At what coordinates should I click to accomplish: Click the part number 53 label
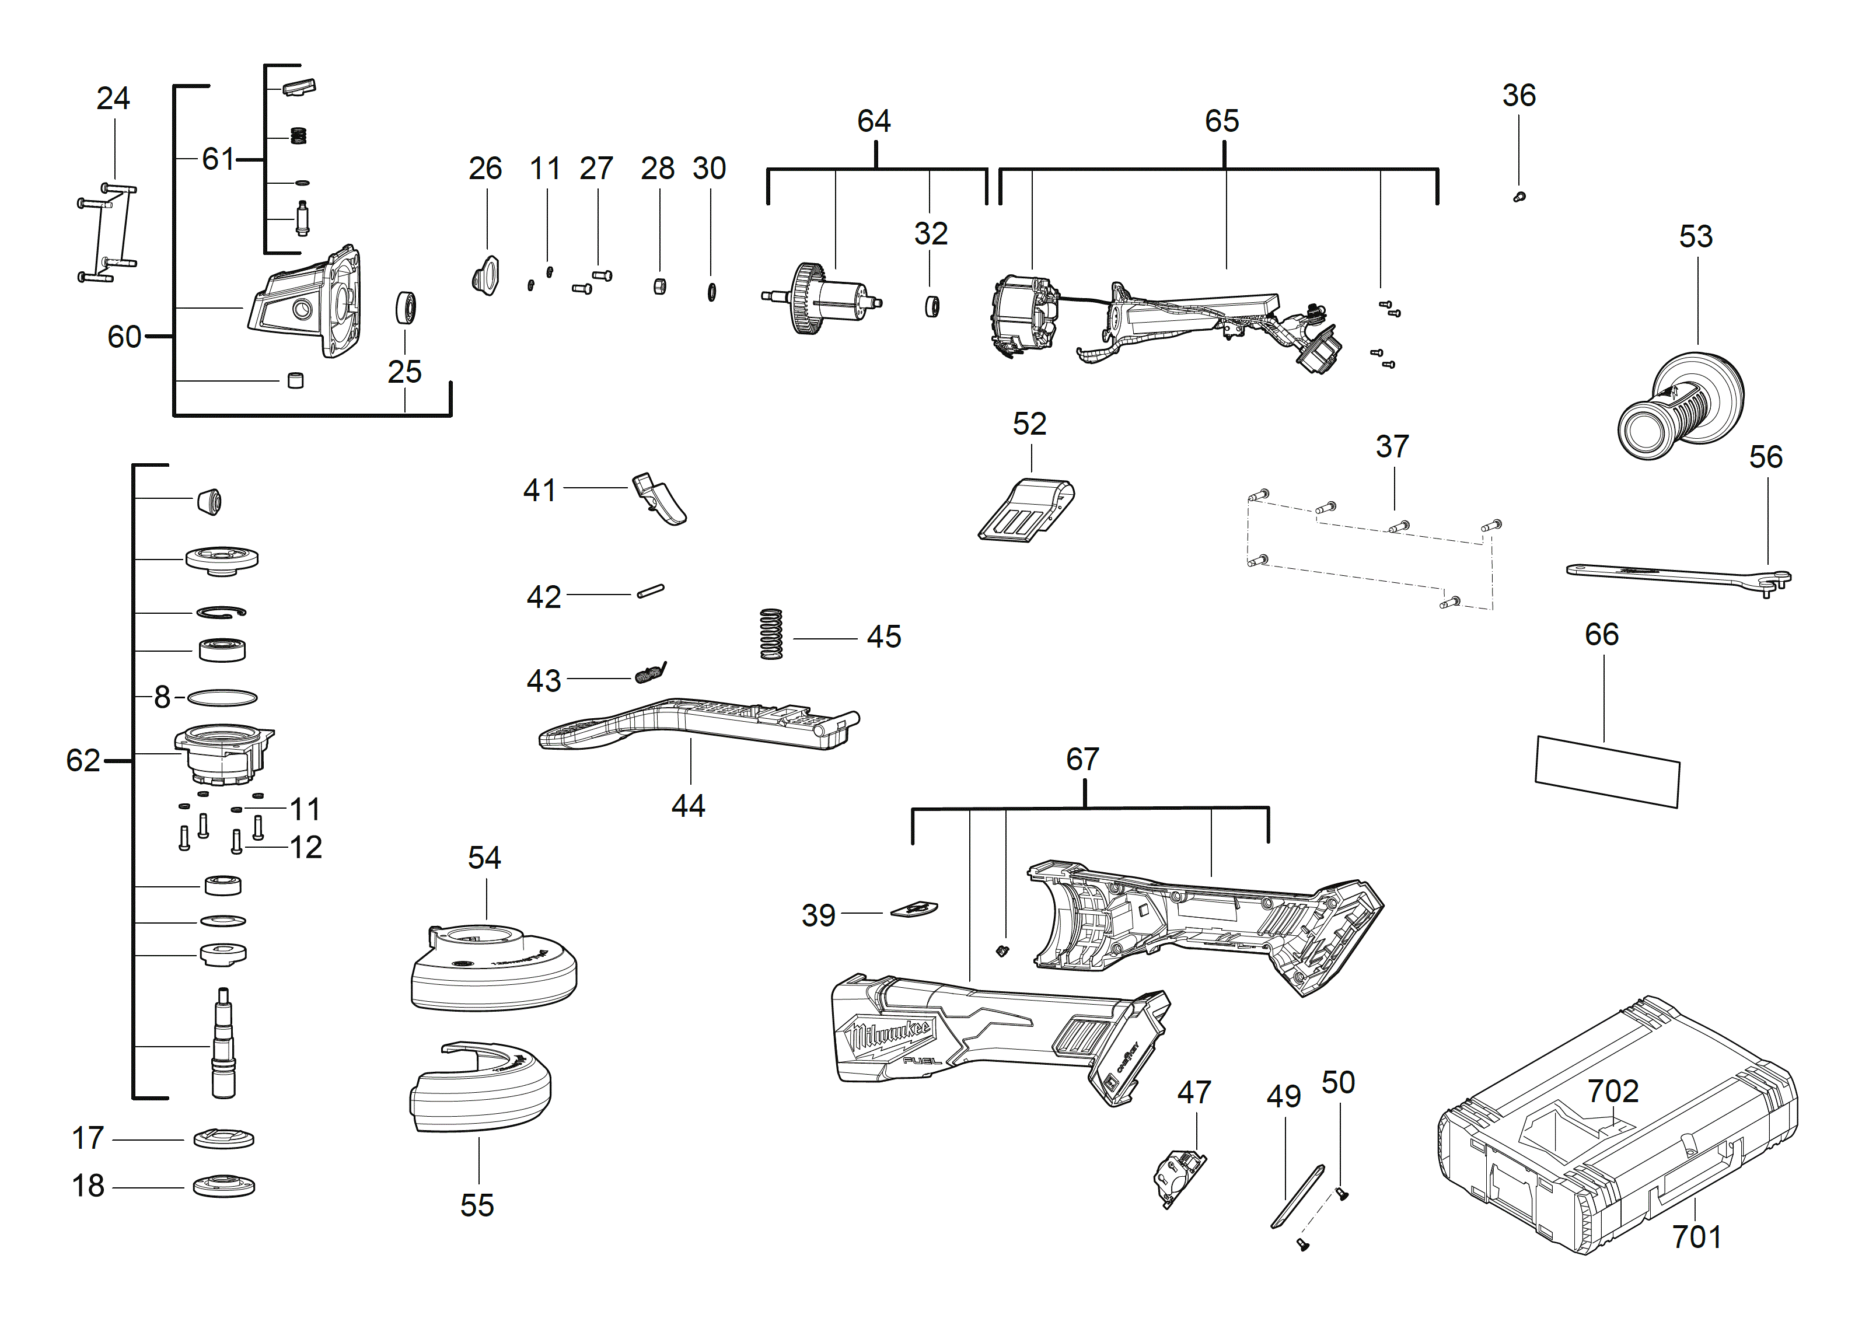(1696, 237)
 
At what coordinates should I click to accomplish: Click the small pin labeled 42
(651, 590)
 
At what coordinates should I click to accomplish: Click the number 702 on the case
(1612, 1092)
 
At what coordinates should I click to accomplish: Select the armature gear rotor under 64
(821, 299)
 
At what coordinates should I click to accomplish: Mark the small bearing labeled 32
(931, 306)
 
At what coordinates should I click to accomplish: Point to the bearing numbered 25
(406, 308)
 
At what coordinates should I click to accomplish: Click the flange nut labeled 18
(223, 1186)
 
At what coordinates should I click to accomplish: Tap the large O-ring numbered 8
(222, 698)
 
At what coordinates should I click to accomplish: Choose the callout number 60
(124, 337)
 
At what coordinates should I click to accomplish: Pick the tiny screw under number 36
(1519, 197)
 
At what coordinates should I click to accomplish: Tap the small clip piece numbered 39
(913, 909)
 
